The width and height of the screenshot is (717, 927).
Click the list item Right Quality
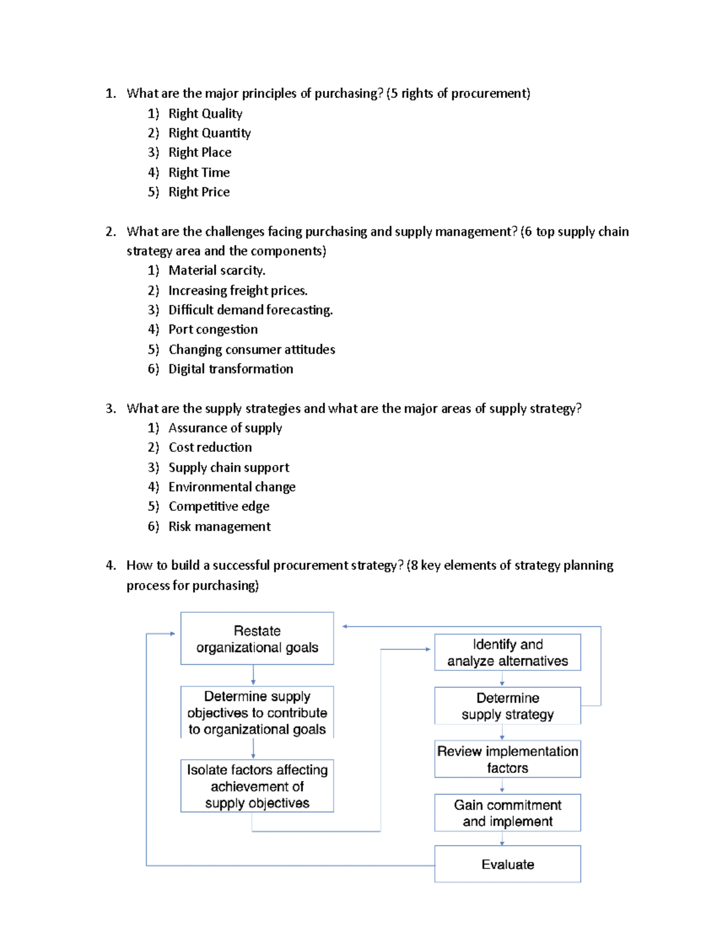(x=205, y=113)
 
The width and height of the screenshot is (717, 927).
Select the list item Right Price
(x=199, y=192)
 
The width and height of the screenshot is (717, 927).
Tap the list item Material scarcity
(x=216, y=270)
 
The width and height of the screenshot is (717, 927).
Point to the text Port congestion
(x=213, y=329)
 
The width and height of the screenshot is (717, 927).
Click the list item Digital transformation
(x=231, y=369)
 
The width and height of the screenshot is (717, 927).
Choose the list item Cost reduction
(x=210, y=447)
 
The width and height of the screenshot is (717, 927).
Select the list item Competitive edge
(x=219, y=506)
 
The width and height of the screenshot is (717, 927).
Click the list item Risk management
(x=219, y=526)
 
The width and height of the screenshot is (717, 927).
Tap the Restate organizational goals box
(x=257, y=639)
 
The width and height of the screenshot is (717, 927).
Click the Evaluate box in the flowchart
(x=507, y=864)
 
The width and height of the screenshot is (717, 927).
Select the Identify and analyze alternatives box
(x=507, y=652)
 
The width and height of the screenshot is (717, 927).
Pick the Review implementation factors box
(x=507, y=759)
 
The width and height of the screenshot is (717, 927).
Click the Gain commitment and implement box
(x=507, y=812)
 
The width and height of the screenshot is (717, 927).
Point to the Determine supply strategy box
(x=507, y=706)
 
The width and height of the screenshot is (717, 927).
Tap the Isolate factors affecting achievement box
(x=257, y=786)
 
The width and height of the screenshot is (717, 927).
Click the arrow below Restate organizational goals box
(x=253, y=675)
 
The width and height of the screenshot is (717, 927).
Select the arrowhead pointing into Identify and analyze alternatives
(x=427, y=649)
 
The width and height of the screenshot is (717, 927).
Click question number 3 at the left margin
(x=111, y=409)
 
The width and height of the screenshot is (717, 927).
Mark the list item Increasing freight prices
(x=238, y=291)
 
